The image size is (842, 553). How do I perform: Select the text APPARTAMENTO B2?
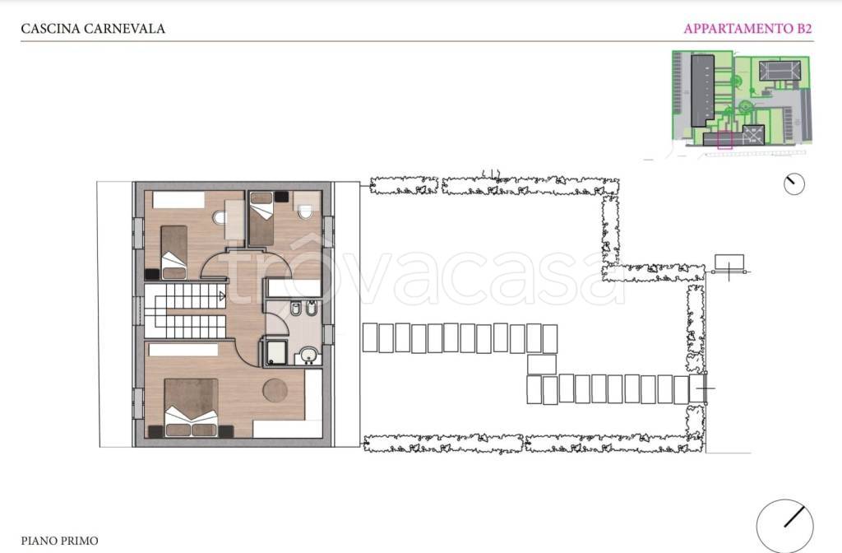747,29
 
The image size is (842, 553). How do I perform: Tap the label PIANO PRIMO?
59,541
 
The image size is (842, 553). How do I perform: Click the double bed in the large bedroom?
191,407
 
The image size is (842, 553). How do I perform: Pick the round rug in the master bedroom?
275,390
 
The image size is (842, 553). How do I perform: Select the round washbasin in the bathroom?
308,355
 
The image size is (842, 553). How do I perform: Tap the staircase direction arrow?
222,295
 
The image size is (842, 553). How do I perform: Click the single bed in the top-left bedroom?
174,252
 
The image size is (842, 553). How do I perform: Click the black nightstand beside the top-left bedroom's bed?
152,274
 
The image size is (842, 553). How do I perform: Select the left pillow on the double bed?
178,430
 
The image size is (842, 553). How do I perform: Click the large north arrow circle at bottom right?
784,526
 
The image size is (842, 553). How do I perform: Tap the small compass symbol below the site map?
793,184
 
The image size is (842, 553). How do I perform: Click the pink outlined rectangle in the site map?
725,140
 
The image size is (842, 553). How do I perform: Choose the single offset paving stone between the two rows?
541,365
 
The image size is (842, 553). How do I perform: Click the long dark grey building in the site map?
702,90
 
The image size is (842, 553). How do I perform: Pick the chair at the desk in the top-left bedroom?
219,217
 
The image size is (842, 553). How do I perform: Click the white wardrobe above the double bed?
183,350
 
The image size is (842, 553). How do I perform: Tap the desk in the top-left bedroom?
234,219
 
